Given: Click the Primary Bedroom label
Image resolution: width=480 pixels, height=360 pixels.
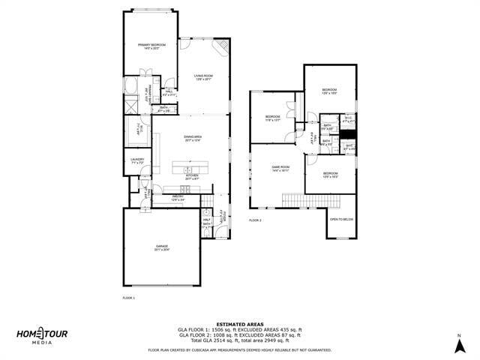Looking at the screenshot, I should tap(151, 46).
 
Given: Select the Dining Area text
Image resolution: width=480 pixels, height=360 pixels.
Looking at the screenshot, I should tap(193, 139).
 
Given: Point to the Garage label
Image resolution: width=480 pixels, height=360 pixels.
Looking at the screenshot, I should tap(162, 247).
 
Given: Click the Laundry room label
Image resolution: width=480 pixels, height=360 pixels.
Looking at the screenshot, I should tap(137, 160).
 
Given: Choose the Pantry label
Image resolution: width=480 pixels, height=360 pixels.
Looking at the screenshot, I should tap(178, 199).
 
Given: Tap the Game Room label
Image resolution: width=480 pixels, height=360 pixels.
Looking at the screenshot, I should tap(280, 169).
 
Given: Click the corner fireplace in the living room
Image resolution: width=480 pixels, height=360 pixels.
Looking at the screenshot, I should tap(222, 49).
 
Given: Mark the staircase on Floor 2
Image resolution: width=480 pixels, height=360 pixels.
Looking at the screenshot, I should tap(310, 200).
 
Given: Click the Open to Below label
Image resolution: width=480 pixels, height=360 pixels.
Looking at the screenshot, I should tap(341, 220).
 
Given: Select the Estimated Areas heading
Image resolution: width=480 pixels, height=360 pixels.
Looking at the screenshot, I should tap(239, 324).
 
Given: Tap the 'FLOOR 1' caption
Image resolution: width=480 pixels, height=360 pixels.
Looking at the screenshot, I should tap(129, 298).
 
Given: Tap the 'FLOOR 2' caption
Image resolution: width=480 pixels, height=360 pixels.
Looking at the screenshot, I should tap(256, 220).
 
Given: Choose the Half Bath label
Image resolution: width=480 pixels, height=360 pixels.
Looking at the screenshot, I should tap(206, 221).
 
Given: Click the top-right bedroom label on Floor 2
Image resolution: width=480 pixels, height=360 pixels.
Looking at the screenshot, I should tap(329, 91).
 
